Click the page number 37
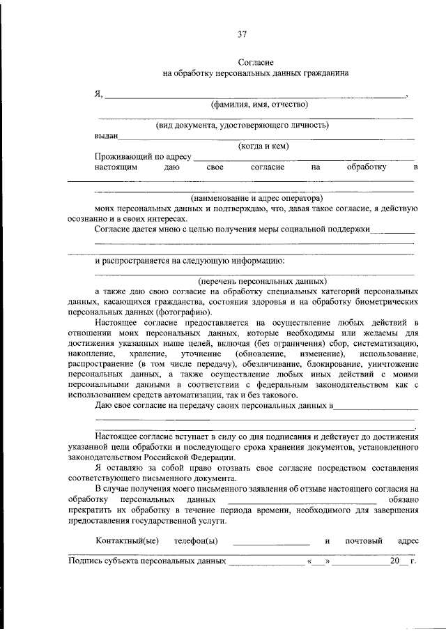[242, 33]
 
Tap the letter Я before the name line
[98, 94]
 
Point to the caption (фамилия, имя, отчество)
[259, 105]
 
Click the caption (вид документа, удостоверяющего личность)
[242, 126]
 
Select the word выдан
[107, 136]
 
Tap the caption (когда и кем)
[263, 146]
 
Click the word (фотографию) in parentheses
[166, 313]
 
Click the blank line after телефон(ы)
[271, 542]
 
